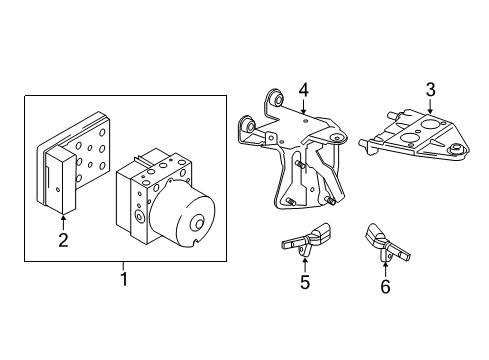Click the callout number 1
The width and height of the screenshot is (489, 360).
coord(124,279)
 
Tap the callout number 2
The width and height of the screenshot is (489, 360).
coord(63,240)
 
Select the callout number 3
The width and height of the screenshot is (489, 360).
coord(430,90)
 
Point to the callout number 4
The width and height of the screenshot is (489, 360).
coord(304,90)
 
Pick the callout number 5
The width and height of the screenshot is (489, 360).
coord(305,282)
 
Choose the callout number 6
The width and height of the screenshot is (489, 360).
coord(385,287)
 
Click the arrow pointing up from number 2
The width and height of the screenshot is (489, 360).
coord(63,223)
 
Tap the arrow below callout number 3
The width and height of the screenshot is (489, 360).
coord(430,106)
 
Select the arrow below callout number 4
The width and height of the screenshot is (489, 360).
coord(303,107)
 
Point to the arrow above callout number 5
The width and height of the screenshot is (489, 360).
coord(304,265)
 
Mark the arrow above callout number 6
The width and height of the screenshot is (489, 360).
coord(385,270)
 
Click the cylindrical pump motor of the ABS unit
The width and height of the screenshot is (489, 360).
coord(182,217)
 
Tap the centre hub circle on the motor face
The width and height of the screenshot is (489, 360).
coord(199,224)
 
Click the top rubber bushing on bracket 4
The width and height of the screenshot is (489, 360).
coord(276,98)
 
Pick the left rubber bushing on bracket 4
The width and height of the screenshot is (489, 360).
coord(248,124)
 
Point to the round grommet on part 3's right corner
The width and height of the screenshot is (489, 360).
coord(457,149)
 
